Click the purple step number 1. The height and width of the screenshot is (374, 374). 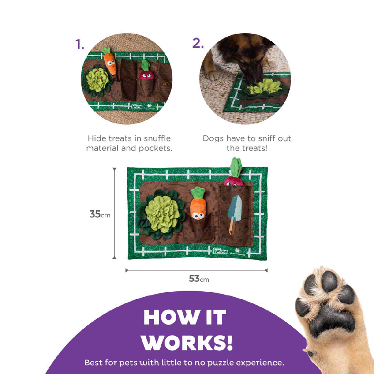80,44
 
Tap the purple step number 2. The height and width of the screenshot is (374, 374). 198,43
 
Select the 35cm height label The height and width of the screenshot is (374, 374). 100,214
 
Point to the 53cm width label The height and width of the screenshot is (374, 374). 199,278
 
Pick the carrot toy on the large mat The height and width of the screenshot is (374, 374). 198,204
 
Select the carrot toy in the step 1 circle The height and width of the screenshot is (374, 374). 109,61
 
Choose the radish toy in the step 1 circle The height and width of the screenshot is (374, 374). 146,70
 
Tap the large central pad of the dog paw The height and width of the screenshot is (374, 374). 330,320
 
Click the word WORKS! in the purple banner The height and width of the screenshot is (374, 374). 187,342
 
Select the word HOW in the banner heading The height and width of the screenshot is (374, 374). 170,317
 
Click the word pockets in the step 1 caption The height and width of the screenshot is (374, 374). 155,148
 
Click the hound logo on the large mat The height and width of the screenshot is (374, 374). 220,251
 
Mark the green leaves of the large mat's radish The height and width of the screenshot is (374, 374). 236,167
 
